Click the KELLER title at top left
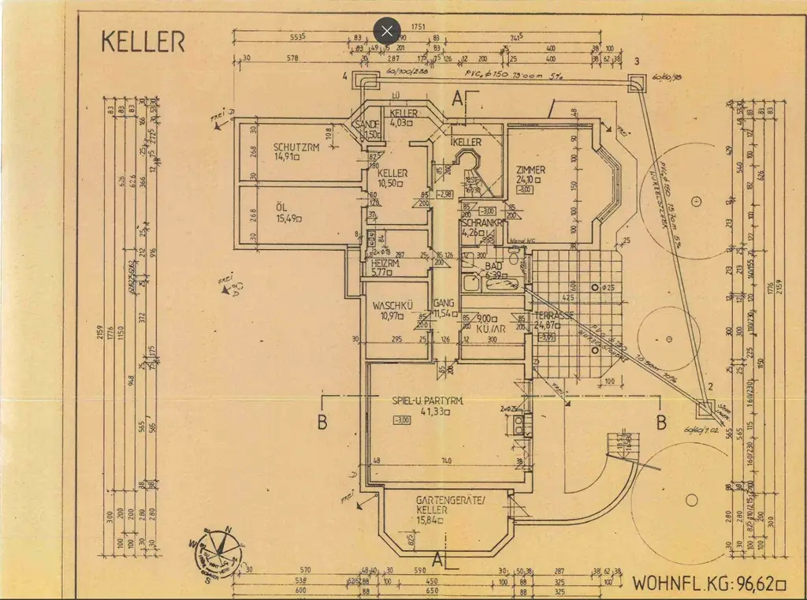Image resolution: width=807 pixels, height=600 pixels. pyautogui.click(x=143, y=42)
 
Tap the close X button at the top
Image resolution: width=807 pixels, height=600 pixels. pyautogui.click(x=386, y=31)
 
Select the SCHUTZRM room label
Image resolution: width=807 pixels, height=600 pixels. pyautogui.click(x=296, y=147)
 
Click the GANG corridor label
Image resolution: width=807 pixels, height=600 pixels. pyautogui.click(x=444, y=303)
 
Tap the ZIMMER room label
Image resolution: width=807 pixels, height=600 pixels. pyautogui.click(x=530, y=170)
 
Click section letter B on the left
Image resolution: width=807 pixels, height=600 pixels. pyautogui.click(x=322, y=422)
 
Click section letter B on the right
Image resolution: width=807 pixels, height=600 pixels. pyautogui.click(x=662, y=422)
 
